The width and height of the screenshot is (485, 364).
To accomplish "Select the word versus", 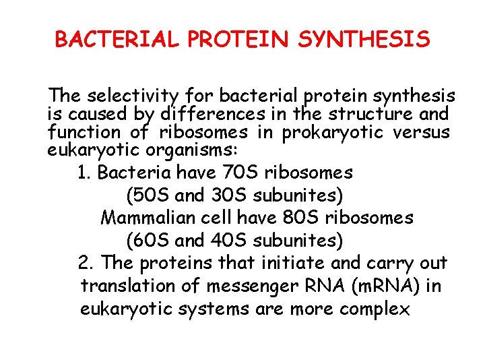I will coord(422,132).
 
